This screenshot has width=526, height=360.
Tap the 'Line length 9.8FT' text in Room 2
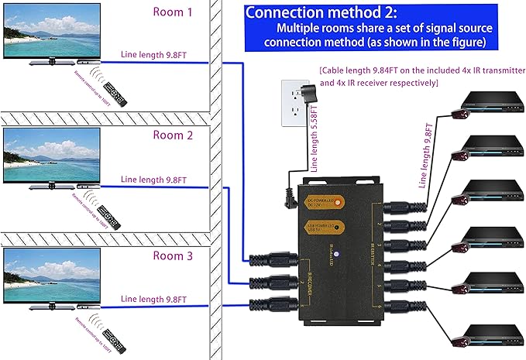pos(154,180)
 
